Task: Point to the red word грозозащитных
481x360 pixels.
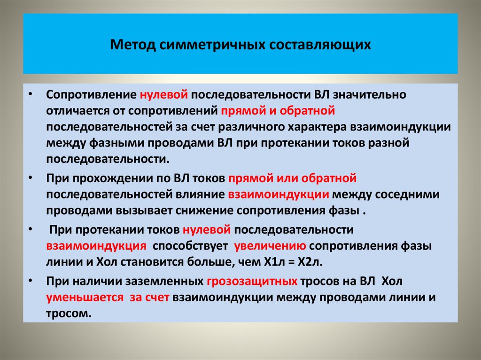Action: pos(252,282)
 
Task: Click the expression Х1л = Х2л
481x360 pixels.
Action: pos(298,261)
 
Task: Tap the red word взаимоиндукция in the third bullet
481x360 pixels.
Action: pos(95,245)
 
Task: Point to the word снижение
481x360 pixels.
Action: pos(206,210)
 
